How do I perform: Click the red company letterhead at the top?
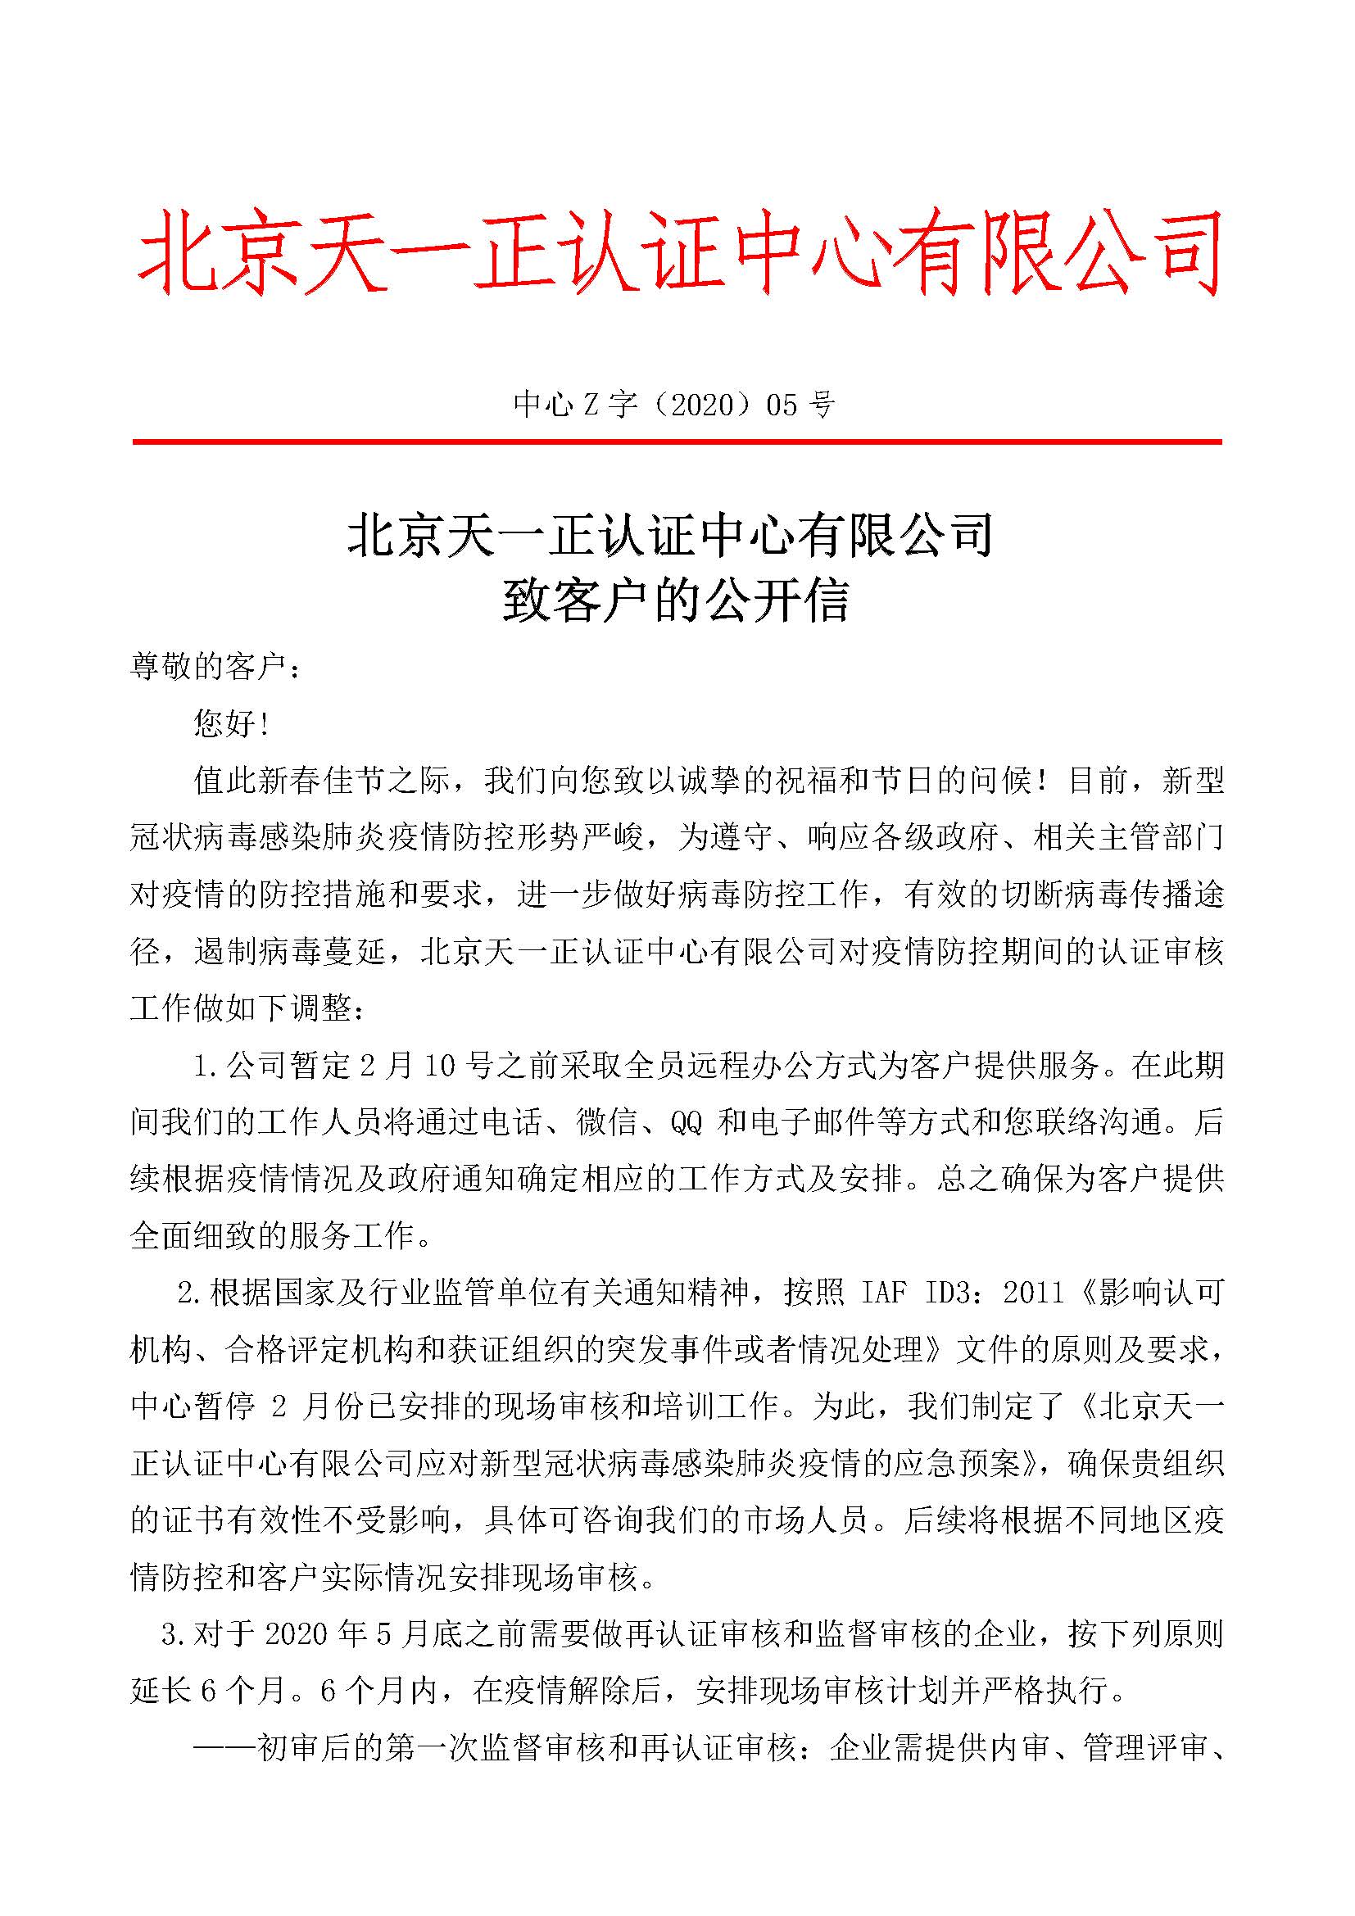tap(677, 253)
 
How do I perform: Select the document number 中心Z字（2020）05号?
tap(674, 405)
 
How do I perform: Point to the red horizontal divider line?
tap(677, 442)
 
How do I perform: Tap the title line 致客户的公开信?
tap(676, 600)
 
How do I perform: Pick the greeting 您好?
tap(231, 723)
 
